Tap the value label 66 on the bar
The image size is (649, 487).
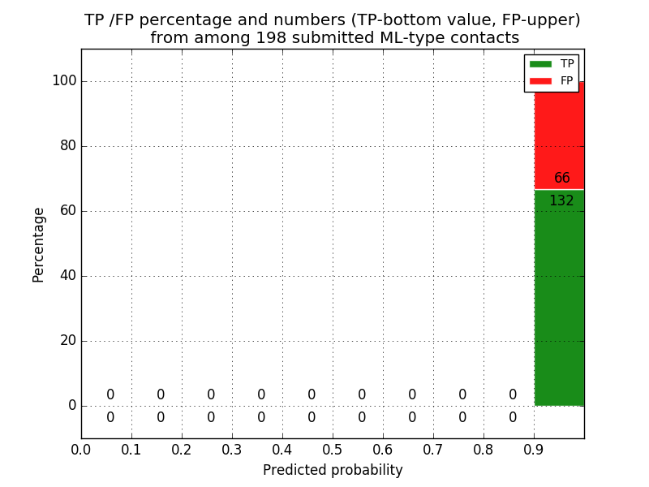562,179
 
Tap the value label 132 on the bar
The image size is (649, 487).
561,201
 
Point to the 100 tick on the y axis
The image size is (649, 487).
64,81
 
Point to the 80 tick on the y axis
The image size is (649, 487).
67,146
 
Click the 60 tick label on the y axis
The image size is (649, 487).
67,211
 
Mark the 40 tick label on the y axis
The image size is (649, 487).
67,276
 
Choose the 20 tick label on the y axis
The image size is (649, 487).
67,341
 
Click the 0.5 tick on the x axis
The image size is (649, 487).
333,449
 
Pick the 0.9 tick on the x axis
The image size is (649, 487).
534,449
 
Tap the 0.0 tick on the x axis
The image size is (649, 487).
81,449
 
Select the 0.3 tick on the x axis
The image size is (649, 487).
232,449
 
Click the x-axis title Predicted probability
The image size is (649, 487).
333,471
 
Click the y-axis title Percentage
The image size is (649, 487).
38,244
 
